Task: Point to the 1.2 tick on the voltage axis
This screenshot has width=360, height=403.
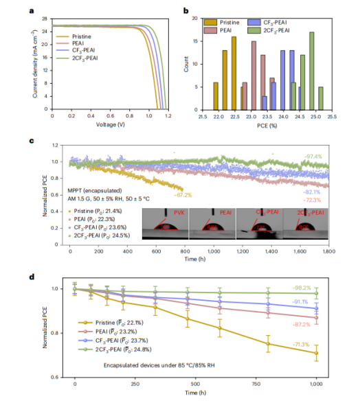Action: pyautogui.click(x=166, y=117)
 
